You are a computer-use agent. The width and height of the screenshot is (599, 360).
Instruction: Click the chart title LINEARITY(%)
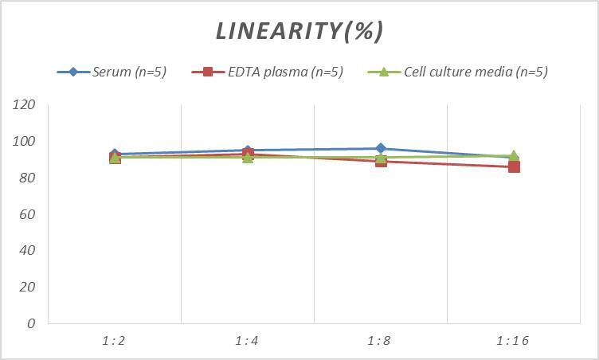(x=299, y=31)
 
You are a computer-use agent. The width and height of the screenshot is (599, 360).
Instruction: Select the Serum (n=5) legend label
(x=129, y=72)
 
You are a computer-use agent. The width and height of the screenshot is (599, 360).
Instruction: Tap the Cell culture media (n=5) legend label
(x=476, y=72)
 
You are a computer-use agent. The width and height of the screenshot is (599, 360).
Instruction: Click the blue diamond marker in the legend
(x=73, y=72)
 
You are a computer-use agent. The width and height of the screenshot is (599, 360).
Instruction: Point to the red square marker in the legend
(x=208, y=72)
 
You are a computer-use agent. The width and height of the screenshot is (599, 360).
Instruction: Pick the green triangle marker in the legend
(x=383, y=72)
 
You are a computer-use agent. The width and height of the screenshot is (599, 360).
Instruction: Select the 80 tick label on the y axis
(x=28, y=178)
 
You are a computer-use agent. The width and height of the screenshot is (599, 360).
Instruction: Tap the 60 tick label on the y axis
(x=28, y=214)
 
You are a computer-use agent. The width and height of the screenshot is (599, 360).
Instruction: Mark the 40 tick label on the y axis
(x=28, y=250)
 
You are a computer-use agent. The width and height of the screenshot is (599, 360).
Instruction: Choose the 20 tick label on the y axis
(x=28, y=287)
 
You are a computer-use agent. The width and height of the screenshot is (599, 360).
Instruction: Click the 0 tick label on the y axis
(x=31, y=323)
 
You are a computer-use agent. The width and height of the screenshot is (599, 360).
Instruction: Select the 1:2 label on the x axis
(x=114, y=341)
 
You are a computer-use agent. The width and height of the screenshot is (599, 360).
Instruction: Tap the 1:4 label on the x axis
(x=247, y=341)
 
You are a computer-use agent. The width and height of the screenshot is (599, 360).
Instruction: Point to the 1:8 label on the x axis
(x=381, y=341)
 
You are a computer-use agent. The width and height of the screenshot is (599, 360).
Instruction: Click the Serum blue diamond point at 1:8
(x=381, y=148)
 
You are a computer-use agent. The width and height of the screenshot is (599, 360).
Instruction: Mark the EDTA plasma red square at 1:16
(x=514, y=166)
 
